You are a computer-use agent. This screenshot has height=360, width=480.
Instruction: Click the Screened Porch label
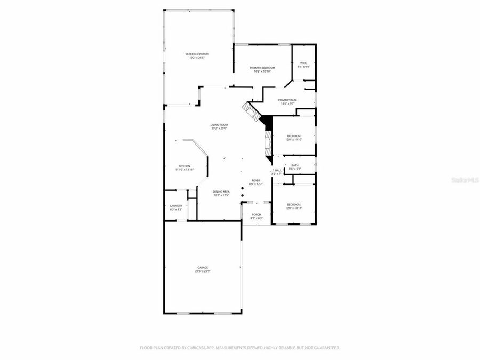pos(196,54)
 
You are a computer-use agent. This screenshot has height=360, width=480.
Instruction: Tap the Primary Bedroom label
pos(262,68)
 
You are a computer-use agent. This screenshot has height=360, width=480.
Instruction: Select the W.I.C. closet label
pos(304,63)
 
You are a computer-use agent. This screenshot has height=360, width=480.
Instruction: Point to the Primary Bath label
pos(287,100)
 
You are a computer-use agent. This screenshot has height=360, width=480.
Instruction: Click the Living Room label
pos(219,125)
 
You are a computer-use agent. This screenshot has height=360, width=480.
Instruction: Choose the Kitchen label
pos(185,166)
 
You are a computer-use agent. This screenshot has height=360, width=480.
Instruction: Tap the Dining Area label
pos(221,191)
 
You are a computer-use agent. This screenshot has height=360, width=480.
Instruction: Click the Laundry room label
pos(176,206)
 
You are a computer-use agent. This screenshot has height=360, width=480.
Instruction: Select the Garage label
pos(203,267)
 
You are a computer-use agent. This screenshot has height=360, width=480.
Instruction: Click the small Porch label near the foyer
pos(257,215)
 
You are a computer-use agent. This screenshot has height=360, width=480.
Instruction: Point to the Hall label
pos(278,170)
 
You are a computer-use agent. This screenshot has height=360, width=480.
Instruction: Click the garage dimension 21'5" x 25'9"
pos(203,271)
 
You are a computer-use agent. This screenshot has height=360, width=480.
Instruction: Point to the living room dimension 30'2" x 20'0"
pos(219,129)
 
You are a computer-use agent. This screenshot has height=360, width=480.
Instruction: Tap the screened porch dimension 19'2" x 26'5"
pos(196,58)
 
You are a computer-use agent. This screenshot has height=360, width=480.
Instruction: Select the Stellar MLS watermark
pos(465,181)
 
